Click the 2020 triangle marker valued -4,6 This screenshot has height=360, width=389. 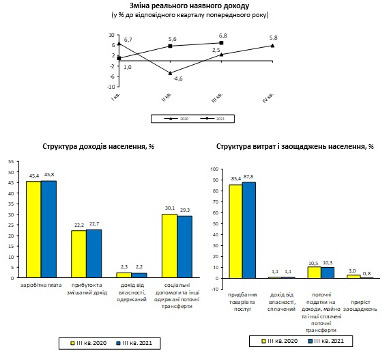pyautogui.click(x=170, y=73)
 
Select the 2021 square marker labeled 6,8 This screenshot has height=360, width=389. pyautogui.click(x=221, y=43)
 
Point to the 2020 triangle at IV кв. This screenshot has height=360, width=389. pyautogui.click(x=273, y=46)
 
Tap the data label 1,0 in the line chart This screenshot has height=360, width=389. pyautogui.click(x=128, y=67)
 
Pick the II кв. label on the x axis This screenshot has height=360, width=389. pyautogui.click(x=167, y=97)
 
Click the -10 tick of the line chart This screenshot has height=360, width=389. pyautogui.click(x=111, y=87)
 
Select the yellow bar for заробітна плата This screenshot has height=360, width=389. pyautogui.click(x=33, y=230)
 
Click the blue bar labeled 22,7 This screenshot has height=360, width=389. pyautogui.click(x=93, y=253)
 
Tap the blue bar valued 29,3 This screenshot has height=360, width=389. pyautogui.click(x=184, y=247)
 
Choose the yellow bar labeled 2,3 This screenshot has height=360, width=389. pyautogui.click(x=124, y=275)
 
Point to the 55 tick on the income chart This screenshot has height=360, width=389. pyautogui.click(x=11, y=161)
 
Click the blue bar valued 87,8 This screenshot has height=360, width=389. pyautogui.click(x=249, y=230)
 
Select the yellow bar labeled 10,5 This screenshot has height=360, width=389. pyautogui.click(x=315, y=273)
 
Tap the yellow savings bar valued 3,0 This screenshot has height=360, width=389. pyautogui.click(x=354, y=277)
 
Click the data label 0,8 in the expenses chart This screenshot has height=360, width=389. pyautogui.click(x=366, y=274)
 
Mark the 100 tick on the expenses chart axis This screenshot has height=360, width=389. pyautogui.click(x=214, y=169)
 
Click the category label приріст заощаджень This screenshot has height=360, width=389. pyautogui.click(x=360, y=305)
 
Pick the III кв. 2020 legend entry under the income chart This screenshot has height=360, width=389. pyautogui.click(x=89, y=343)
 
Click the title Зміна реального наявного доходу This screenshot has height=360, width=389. pyautogui.click(x=190, y=5)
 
